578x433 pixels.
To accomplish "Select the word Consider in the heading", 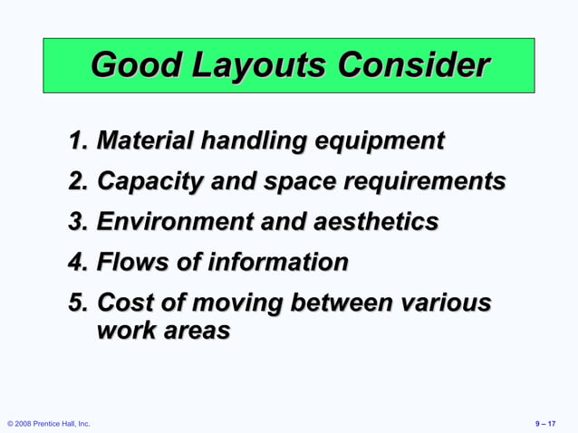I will point(413,65).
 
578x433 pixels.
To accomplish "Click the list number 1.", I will point(78,141).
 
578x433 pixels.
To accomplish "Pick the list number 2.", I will point(78,181).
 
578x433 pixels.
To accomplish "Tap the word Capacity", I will point(149,181).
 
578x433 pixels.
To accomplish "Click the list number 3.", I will point(78,222).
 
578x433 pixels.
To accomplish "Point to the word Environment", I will point(173,222).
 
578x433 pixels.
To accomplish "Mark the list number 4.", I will point(78,263).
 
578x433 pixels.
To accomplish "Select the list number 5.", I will point(78,303).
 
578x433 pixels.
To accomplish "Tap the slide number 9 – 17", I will point(546,424).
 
